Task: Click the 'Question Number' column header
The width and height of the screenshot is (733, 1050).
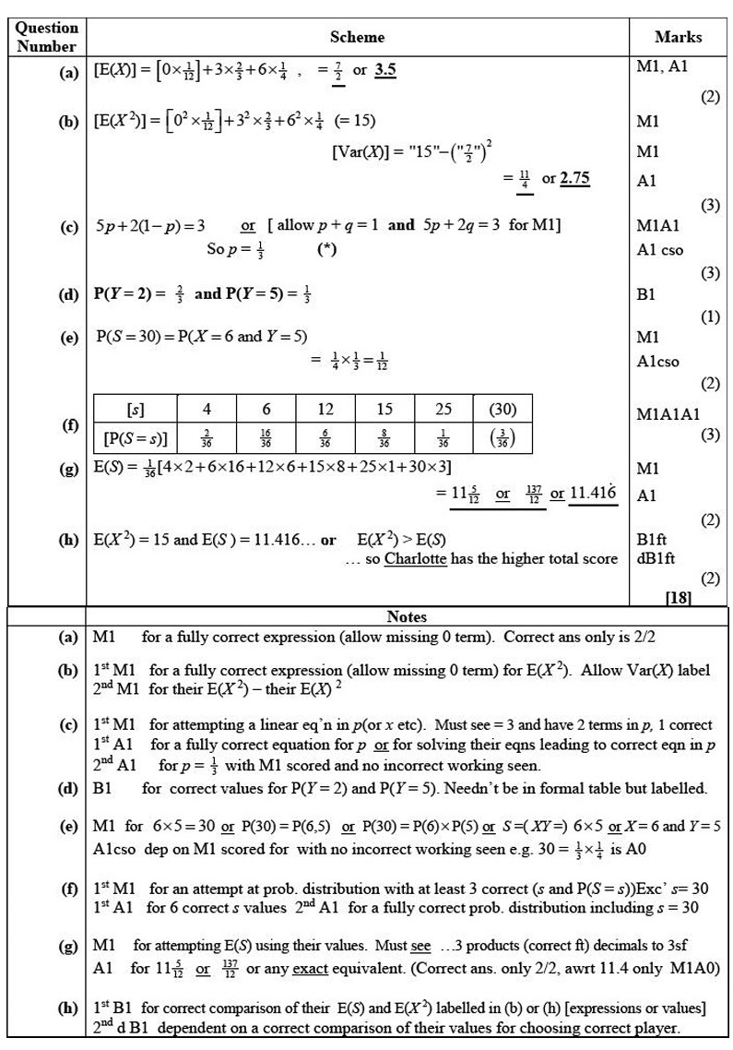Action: click(x=48, y=37)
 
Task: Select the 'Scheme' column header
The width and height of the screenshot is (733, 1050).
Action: click(x=357, y=37)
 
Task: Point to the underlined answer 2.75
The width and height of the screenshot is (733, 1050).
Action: click(x=574, y=179)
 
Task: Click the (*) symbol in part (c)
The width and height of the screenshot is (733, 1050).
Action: click(x=326, y=248)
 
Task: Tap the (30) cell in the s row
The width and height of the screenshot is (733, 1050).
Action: click(x=502, y=409)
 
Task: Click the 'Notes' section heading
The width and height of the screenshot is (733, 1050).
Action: click(x=408, y=615)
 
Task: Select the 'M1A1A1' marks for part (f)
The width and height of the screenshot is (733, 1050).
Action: click(x=668, y=415)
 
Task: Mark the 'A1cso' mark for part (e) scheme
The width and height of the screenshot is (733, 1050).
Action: click(x=658, y=362)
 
